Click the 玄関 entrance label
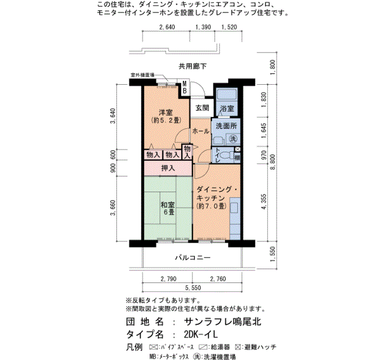point(202,108)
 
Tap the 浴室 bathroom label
point(227,109)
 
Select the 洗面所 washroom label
point(226,126)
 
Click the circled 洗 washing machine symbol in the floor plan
point(233,138)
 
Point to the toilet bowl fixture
point(225,155)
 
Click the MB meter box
point(185,88)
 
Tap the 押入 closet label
point(168,168)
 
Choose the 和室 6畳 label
point(168,208)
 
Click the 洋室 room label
point(166,112)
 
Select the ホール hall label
point(201,131)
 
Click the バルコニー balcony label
point(193,258)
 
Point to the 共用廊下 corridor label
point(193,66)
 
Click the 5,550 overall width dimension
point(193,288)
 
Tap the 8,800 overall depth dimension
point(273,162)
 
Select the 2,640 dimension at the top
point(167,27)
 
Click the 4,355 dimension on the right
point(264,202)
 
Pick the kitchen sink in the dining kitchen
point(234,208)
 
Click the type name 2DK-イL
point(201,335)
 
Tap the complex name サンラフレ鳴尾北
point(223,322)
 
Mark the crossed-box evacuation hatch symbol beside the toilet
point(238,149)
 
